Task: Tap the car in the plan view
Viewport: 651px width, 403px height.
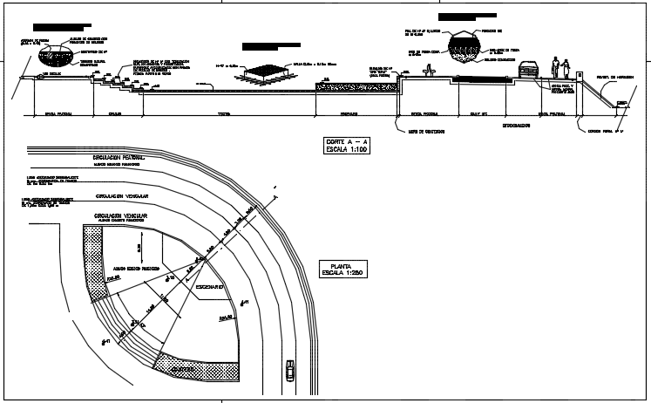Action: [288, 370]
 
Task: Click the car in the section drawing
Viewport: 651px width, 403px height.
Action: [530, 70]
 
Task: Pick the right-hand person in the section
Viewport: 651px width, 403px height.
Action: [566, 67]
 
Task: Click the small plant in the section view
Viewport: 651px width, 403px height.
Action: [426, 72]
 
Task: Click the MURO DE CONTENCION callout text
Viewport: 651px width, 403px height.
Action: [427, 132]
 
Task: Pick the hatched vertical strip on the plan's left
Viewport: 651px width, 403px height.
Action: [97, 261]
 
